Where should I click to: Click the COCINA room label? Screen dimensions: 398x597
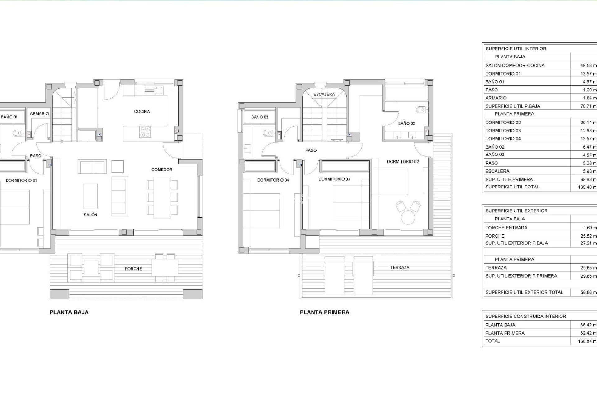142,111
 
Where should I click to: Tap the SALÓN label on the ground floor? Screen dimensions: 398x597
90,215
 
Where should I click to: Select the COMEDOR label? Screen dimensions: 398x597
162,169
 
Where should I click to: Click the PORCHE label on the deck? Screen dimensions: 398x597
133,269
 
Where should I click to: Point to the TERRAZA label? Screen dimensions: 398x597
400,267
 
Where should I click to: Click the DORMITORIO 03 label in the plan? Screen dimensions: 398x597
334,179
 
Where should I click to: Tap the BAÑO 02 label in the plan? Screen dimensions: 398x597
406,123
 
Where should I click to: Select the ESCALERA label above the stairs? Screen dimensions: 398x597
324,94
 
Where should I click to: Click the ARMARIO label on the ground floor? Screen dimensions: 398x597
39,114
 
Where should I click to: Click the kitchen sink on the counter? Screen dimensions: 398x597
154,90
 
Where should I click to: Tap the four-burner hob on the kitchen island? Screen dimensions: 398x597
145,132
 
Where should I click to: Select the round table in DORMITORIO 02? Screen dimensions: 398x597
408,217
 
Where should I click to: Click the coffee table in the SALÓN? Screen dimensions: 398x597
90,196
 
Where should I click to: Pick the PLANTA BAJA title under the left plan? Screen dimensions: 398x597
69,312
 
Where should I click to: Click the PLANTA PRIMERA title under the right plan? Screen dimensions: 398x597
324,312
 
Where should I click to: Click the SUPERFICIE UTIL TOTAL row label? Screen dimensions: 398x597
512,187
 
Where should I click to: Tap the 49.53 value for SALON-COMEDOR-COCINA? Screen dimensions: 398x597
588,66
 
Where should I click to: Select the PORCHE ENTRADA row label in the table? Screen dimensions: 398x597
506,228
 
